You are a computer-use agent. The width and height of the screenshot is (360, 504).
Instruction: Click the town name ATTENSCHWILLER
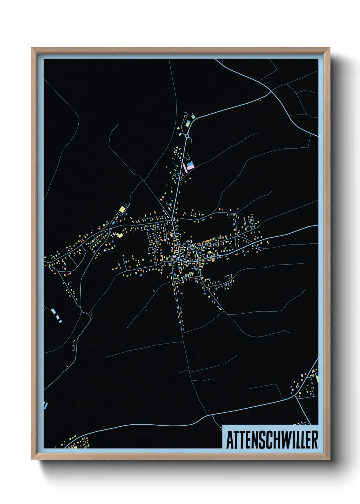272,440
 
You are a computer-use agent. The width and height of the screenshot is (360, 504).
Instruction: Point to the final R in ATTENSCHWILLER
315,440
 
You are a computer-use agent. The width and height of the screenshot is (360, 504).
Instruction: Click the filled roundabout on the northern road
187,137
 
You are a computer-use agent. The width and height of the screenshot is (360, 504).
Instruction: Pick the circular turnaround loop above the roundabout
185,114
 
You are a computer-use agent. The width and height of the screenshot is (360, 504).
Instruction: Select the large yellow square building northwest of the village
122,209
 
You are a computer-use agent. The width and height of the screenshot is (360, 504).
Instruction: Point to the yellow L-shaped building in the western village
119,235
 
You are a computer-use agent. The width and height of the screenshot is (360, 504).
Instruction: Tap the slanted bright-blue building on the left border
46,405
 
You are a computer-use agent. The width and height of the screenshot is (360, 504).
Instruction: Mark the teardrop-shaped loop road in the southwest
74,348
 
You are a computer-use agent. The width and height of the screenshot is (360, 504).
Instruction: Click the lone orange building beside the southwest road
67,366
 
